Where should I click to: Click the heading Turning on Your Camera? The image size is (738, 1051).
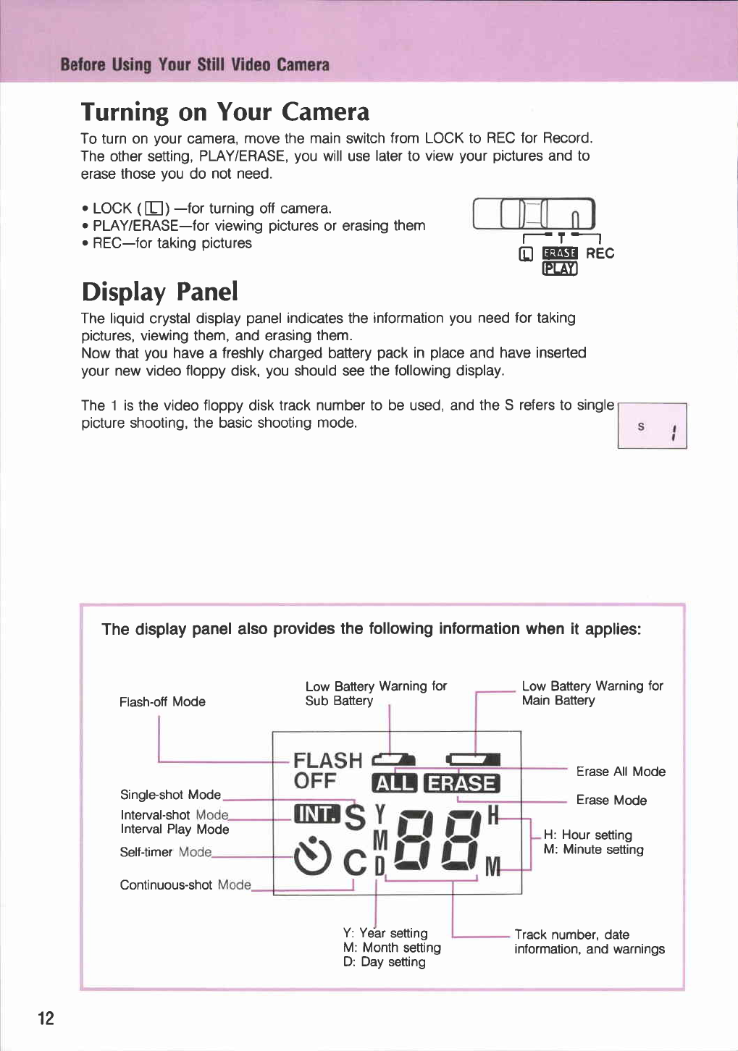coord(225,112)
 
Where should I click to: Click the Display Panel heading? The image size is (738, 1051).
coord(159,292)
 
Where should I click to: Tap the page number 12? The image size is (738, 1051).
coord(46,1018)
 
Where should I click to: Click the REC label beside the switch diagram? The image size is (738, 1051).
coord(600,253)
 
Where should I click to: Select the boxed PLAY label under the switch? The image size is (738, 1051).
coord(560,269)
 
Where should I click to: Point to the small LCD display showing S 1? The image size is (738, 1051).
coord(652,426)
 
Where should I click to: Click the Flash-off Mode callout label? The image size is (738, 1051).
coord(162,701)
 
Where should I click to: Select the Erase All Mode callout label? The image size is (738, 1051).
coord(621,772)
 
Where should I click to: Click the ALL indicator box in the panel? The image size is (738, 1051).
coord(394,784)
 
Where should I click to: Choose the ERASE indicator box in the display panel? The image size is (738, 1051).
coord(462,784)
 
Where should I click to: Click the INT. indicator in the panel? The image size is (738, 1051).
coord(316,814)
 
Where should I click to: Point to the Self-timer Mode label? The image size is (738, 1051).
coord(166,852)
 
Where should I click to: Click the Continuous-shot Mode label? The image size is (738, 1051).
coord(185,885)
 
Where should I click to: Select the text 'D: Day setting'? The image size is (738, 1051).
coord(385,962)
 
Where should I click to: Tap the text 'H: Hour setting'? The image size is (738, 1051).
coord(587,835)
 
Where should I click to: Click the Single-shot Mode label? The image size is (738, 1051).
coord(170,795)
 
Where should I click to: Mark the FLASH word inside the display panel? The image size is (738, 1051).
coord(327,760)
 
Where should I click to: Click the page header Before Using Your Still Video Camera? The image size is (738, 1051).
coord(195,65)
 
